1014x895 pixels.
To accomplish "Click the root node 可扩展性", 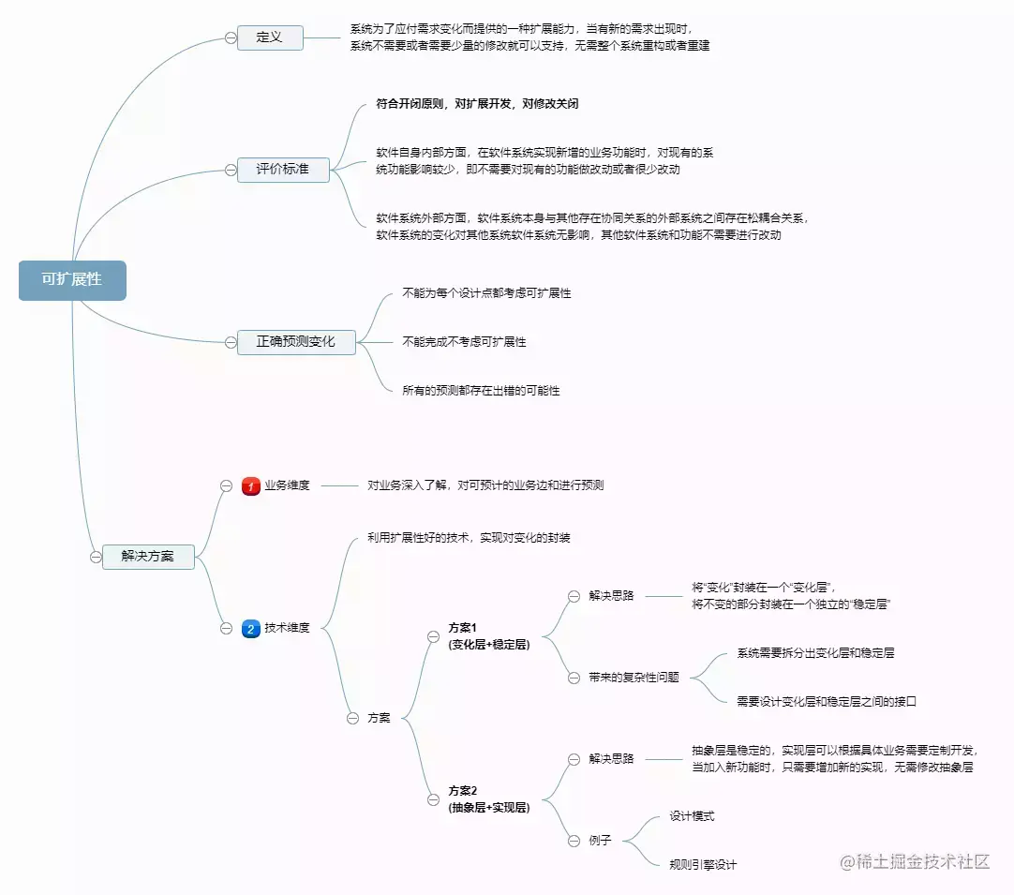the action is [72, 280].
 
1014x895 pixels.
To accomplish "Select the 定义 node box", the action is [270, 37].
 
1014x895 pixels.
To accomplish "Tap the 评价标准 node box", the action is [283, 170].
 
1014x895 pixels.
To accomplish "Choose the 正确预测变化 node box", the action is [296, 342].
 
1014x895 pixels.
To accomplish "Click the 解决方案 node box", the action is [148, 556].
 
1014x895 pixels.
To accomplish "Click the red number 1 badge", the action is [251, 485].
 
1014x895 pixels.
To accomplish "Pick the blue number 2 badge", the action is [251, 628].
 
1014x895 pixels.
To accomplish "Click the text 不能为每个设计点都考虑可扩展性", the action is [486, 293].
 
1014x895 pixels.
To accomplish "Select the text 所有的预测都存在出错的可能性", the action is [481, 391].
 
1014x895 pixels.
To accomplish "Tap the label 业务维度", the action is [287, 485].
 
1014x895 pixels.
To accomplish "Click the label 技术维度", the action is [287, 628].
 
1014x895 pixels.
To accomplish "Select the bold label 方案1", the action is [463, 628].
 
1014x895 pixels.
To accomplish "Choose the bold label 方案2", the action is [463, 790].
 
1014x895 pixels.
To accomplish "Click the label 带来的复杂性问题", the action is [634, 678].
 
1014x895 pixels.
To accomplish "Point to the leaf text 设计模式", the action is [692, 816].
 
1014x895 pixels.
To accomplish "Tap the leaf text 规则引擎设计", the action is [703, 865].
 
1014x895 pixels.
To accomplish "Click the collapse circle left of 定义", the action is [231, 37].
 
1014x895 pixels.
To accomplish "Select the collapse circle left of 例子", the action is [574, 841].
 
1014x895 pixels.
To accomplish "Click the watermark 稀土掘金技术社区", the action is [916, 862].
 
